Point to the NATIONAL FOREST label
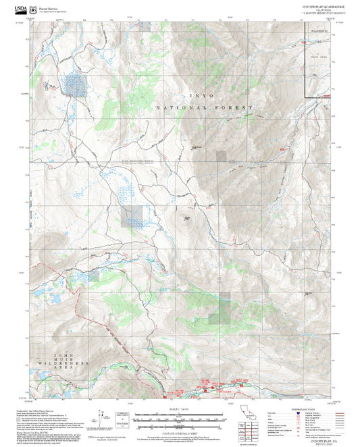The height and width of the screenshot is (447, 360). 204,108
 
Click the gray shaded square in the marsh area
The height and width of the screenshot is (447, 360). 132,216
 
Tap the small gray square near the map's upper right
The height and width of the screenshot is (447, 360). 222,156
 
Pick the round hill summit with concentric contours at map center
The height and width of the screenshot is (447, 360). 184,217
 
